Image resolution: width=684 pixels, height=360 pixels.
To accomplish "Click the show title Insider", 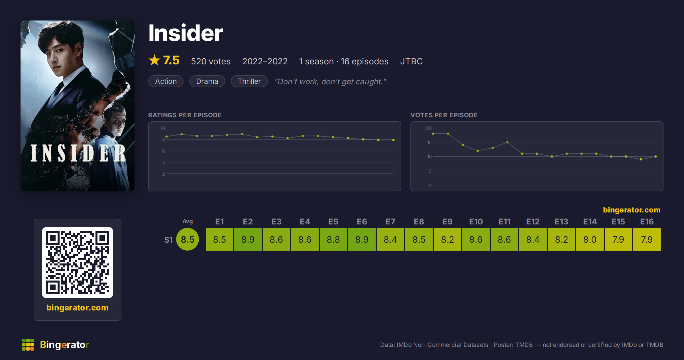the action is pos(186,33).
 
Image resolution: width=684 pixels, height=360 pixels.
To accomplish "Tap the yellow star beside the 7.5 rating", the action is pos(154,60).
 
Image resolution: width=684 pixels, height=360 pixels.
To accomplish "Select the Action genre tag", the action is pos(166,81).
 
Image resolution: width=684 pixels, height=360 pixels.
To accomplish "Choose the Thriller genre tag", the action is pos(249,81).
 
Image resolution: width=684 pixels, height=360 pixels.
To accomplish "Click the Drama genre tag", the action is pos(207,81).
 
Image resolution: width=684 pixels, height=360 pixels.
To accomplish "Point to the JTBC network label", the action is pos(411,61).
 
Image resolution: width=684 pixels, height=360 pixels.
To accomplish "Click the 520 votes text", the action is pos(211,61).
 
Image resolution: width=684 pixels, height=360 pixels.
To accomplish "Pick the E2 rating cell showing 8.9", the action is pos(248,239).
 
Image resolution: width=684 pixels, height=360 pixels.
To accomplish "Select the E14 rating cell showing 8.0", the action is pos(590,239).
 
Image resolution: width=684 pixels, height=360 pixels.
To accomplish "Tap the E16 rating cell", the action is pos(647,239).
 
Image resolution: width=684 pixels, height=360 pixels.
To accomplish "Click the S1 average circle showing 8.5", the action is pos(188,239).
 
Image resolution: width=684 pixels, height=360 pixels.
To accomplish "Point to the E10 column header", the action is pos(476,222).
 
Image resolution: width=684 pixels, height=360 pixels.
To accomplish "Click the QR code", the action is pos(78,263).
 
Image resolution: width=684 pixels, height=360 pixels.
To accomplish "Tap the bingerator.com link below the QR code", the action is pos(78,308).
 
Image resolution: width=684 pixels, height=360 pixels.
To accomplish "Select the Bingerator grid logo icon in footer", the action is pos(28,345).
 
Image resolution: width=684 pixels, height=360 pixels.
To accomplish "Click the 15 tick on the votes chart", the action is pos(429,142).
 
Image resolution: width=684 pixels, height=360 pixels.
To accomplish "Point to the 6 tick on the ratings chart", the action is pos(164,151).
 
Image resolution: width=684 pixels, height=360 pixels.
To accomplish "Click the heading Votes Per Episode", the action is pos(444,115).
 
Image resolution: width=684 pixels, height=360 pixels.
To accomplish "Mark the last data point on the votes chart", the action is pos(656,157).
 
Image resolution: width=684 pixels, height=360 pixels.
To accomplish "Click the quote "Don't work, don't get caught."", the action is pos(330,81).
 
